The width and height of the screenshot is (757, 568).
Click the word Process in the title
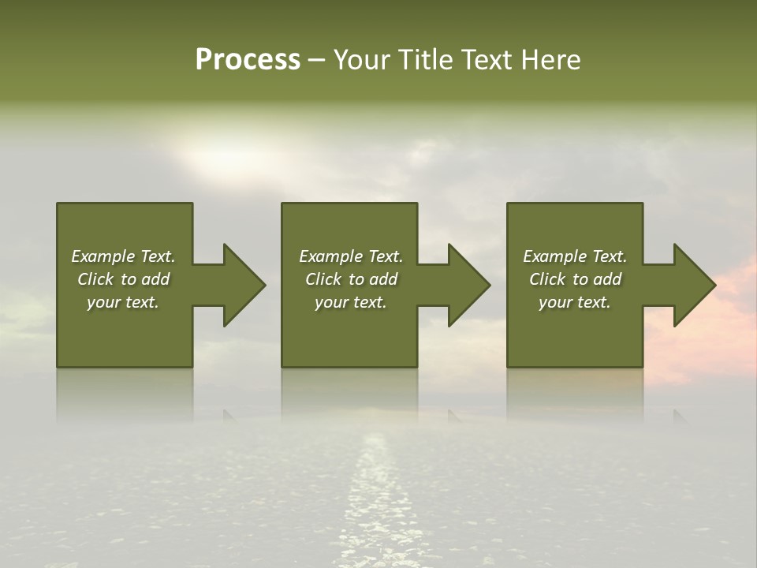(248, 60)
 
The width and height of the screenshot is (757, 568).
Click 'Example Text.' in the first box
(123, 256)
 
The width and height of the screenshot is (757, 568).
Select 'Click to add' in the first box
(123, 279)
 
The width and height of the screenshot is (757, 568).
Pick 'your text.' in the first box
(123, 302)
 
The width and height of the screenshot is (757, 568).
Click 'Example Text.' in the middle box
(351, 256)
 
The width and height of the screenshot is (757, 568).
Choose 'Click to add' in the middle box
(351, 279)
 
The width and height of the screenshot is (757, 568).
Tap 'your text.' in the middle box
(351, 302)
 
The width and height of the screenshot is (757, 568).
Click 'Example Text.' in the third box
(575, 256)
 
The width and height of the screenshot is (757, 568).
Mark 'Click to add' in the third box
(575, 279)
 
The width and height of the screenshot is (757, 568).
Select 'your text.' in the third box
(575, 302)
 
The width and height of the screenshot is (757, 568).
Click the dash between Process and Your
(316, 61)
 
